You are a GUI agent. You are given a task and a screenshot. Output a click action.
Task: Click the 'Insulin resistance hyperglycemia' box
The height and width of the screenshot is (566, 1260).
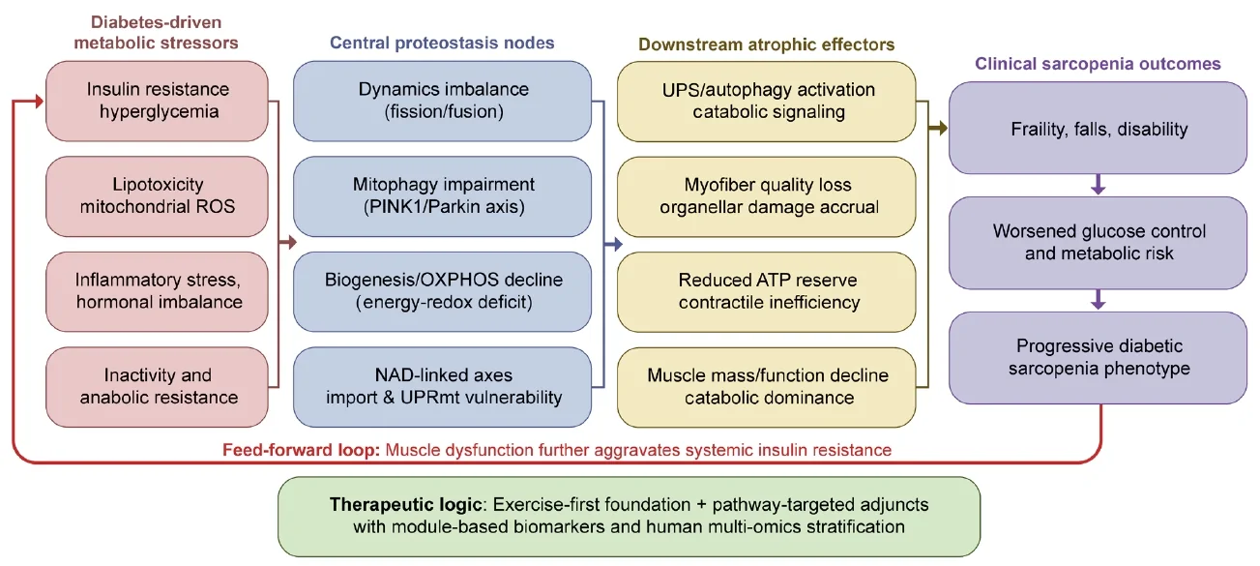click(157, 101)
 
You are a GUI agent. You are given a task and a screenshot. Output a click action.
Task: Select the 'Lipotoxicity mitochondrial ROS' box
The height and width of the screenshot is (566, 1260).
click(157, 196)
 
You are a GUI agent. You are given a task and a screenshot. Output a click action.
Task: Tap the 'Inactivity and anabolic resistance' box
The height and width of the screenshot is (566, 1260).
click(157, 387)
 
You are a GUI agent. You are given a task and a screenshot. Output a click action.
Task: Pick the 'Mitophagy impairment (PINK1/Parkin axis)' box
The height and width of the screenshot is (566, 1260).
click(443, 196)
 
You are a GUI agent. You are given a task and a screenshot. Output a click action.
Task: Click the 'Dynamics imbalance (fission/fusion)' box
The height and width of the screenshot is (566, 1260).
click(443, 101)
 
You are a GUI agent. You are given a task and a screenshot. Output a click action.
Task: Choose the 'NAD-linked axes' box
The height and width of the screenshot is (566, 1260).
click(443, 387)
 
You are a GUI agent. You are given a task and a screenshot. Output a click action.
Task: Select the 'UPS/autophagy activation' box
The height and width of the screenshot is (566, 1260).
click(767, 102)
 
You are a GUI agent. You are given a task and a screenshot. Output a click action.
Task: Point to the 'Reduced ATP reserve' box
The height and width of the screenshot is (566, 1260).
click(767, 292)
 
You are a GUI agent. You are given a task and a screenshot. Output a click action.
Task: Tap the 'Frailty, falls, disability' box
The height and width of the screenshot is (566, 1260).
click(1098, 128)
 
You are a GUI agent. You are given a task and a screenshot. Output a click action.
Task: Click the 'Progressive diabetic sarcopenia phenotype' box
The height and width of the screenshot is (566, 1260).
click(1098, 358)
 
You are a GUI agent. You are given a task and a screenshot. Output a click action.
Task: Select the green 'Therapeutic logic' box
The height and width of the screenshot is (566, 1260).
click(629, 517)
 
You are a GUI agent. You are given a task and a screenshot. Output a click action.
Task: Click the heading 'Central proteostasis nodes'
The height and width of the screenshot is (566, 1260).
click(442, 43)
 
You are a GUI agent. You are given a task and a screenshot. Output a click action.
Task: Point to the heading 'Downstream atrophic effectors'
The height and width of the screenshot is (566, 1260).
click(766, 45)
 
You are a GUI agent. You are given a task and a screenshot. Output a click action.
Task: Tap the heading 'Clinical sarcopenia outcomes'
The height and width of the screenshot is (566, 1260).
click(1098, 64)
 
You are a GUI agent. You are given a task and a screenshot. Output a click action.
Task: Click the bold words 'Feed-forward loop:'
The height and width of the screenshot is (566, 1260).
click(302, 450)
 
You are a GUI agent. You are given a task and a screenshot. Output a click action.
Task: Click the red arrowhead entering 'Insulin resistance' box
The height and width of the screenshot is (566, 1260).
click(40, 102)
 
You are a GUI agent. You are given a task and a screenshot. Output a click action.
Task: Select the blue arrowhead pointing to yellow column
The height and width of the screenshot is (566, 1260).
click(618, 244)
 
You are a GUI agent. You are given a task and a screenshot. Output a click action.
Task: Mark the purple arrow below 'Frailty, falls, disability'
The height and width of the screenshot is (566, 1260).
click(1098, 185)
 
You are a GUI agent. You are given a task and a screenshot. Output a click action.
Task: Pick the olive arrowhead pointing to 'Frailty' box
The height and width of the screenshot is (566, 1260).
click(943, 129)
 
